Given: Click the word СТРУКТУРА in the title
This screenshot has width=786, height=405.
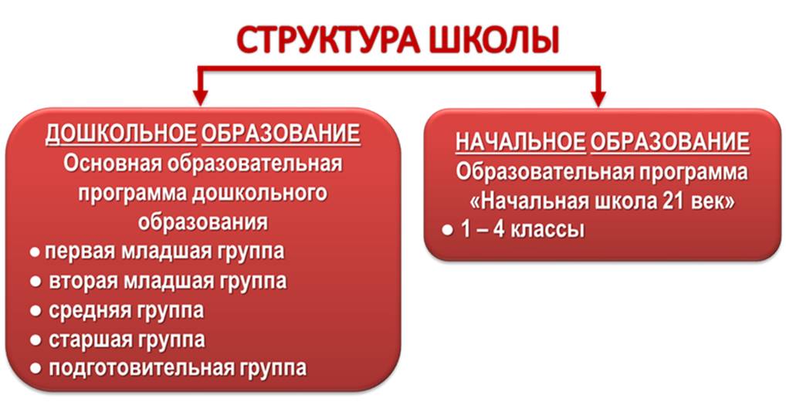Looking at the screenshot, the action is pos(328,41).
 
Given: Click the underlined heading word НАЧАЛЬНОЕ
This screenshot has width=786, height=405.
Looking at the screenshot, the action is pos(520,142).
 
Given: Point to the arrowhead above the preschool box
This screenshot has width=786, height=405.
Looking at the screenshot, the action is pos(201,98).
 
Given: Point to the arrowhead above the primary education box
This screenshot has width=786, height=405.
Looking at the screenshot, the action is pos(598,98).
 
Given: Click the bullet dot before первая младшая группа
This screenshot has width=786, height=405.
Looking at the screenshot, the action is pos(35,252).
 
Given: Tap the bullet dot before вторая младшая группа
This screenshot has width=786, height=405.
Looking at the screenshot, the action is pos(35,282).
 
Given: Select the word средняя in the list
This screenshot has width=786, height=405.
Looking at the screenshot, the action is pos(88,311).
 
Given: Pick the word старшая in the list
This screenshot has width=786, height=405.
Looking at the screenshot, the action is pos(88,340).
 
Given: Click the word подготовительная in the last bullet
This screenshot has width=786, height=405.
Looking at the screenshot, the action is pos(142,369).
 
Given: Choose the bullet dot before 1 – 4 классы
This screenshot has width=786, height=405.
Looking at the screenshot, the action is pos(447,231).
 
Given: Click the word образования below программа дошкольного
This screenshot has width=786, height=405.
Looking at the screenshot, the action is pos(202,222).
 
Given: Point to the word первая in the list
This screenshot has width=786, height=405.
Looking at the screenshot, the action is pos(80,251).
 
